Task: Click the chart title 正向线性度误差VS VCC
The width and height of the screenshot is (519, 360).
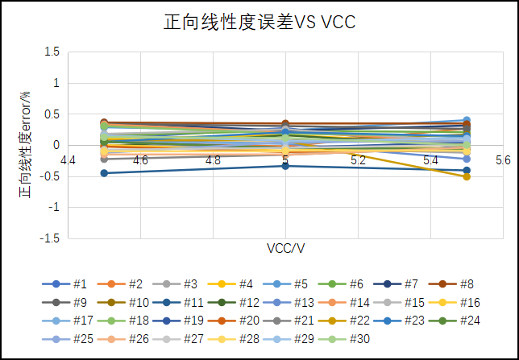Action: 259,23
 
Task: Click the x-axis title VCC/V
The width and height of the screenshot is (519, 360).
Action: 285,248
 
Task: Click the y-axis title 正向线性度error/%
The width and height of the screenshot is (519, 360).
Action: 25,145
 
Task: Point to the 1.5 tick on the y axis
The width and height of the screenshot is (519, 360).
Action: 52,52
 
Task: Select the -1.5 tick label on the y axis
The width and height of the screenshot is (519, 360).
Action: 50,238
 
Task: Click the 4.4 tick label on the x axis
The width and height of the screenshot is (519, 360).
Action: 68,160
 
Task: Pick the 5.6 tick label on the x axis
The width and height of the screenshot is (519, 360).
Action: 503,160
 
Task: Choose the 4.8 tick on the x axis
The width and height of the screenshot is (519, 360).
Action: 213,160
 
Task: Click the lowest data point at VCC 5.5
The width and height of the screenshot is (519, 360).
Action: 467,176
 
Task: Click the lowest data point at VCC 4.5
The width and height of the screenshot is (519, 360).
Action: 104,173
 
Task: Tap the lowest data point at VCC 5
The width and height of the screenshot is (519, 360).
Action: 285,166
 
